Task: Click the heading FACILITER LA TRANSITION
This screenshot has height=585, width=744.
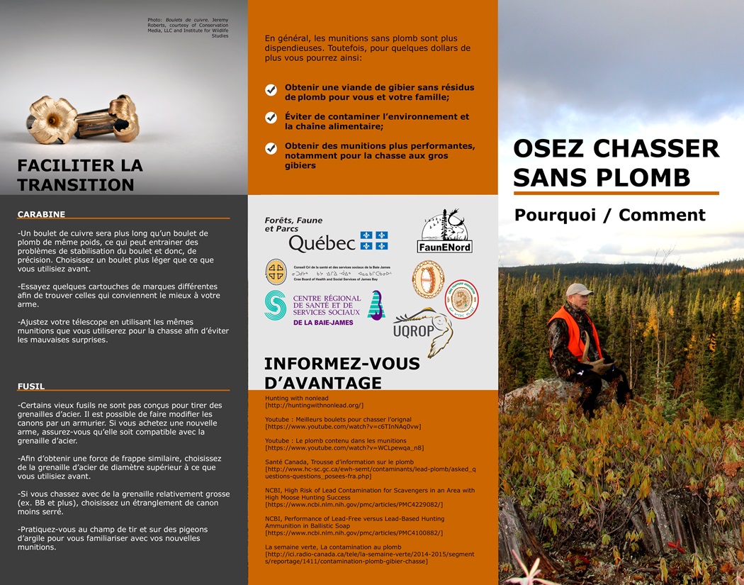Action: coord(80,175)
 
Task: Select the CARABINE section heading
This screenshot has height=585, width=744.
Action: coord(41,214)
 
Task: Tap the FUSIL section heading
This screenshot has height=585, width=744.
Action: coord(31,386)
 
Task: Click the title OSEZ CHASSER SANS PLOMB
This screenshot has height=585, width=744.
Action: coord(615,162)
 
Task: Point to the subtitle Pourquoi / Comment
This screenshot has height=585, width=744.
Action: coord(609,215)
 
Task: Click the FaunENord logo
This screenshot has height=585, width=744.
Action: coord(444,231)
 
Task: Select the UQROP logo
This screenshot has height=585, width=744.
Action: coord(423,327)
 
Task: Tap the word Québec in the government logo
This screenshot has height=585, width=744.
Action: coord(322,243)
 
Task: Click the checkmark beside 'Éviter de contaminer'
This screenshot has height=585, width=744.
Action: coord(271,118)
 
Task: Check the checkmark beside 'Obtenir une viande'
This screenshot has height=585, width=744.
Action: coord(271,90)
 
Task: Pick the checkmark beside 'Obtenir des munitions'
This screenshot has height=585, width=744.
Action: coord(271,148)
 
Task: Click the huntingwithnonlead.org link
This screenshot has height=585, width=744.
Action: coord(314,405)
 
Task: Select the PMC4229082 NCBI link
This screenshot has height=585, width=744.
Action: coord(354,504)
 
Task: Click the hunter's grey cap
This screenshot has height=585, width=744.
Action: coord(579,289)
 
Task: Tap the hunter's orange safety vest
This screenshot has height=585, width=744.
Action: coord(573,333)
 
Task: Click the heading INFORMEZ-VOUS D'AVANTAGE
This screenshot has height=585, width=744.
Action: coord(342,374)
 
